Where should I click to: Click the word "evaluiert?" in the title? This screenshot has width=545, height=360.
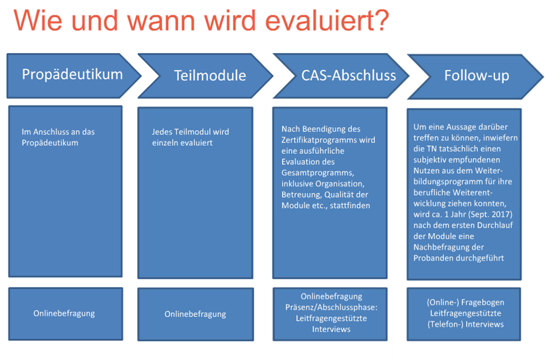[327, 20]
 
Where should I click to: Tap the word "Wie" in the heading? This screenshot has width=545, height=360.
[38, 20]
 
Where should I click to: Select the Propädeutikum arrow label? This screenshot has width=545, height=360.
[72, 74]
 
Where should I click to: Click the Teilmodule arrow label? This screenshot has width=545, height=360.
[210, 76]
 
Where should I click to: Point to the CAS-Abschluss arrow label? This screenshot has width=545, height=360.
[349, 76]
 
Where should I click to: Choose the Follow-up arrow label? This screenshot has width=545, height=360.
[477, 76]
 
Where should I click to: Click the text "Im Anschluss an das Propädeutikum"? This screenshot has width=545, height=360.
[58, 137]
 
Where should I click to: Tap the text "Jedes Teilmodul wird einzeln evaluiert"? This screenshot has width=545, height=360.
[190, 137]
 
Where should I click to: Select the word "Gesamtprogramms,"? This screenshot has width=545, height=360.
[318, 173]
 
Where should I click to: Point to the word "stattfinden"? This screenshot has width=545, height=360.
[350, 206]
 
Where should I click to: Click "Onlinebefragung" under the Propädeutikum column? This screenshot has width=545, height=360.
[64, 313]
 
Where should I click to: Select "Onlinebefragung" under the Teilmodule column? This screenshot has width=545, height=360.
[195, 314]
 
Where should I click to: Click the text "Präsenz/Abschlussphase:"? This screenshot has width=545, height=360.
[331, 308]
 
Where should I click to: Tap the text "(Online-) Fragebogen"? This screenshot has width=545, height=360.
[466, 302]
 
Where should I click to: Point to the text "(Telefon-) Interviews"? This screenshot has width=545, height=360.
[466, 324]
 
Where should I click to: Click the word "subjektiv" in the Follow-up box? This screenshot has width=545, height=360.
[430, 160]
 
